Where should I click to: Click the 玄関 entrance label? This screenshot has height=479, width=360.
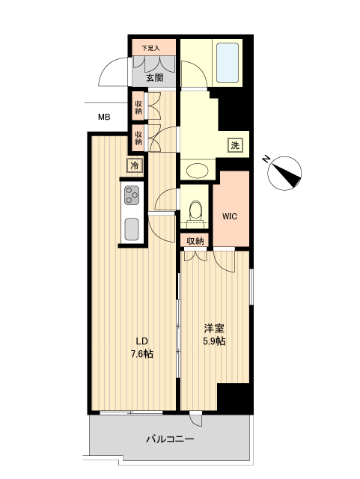(x=154, y=77)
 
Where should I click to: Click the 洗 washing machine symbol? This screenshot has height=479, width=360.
(x=235, y=145)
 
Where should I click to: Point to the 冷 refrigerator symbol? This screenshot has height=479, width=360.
(x=135, y=165)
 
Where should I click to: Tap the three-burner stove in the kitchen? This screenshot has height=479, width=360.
(x=132, y=196)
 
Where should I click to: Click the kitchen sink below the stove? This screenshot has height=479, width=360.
(x=132, y=228)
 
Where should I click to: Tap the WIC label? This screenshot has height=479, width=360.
(x=230, y=217)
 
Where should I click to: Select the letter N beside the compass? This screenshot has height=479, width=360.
(x=266, y=159)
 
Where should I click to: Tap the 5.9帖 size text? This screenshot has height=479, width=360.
(x=215, y=341)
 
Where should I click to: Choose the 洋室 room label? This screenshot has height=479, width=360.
(x=215, y=329)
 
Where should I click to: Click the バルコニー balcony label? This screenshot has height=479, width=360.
(x=170, y=439)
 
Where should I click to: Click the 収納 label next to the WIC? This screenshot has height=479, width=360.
(x=195, y=241)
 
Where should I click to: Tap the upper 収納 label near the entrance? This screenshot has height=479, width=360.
(x=138, y=106)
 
